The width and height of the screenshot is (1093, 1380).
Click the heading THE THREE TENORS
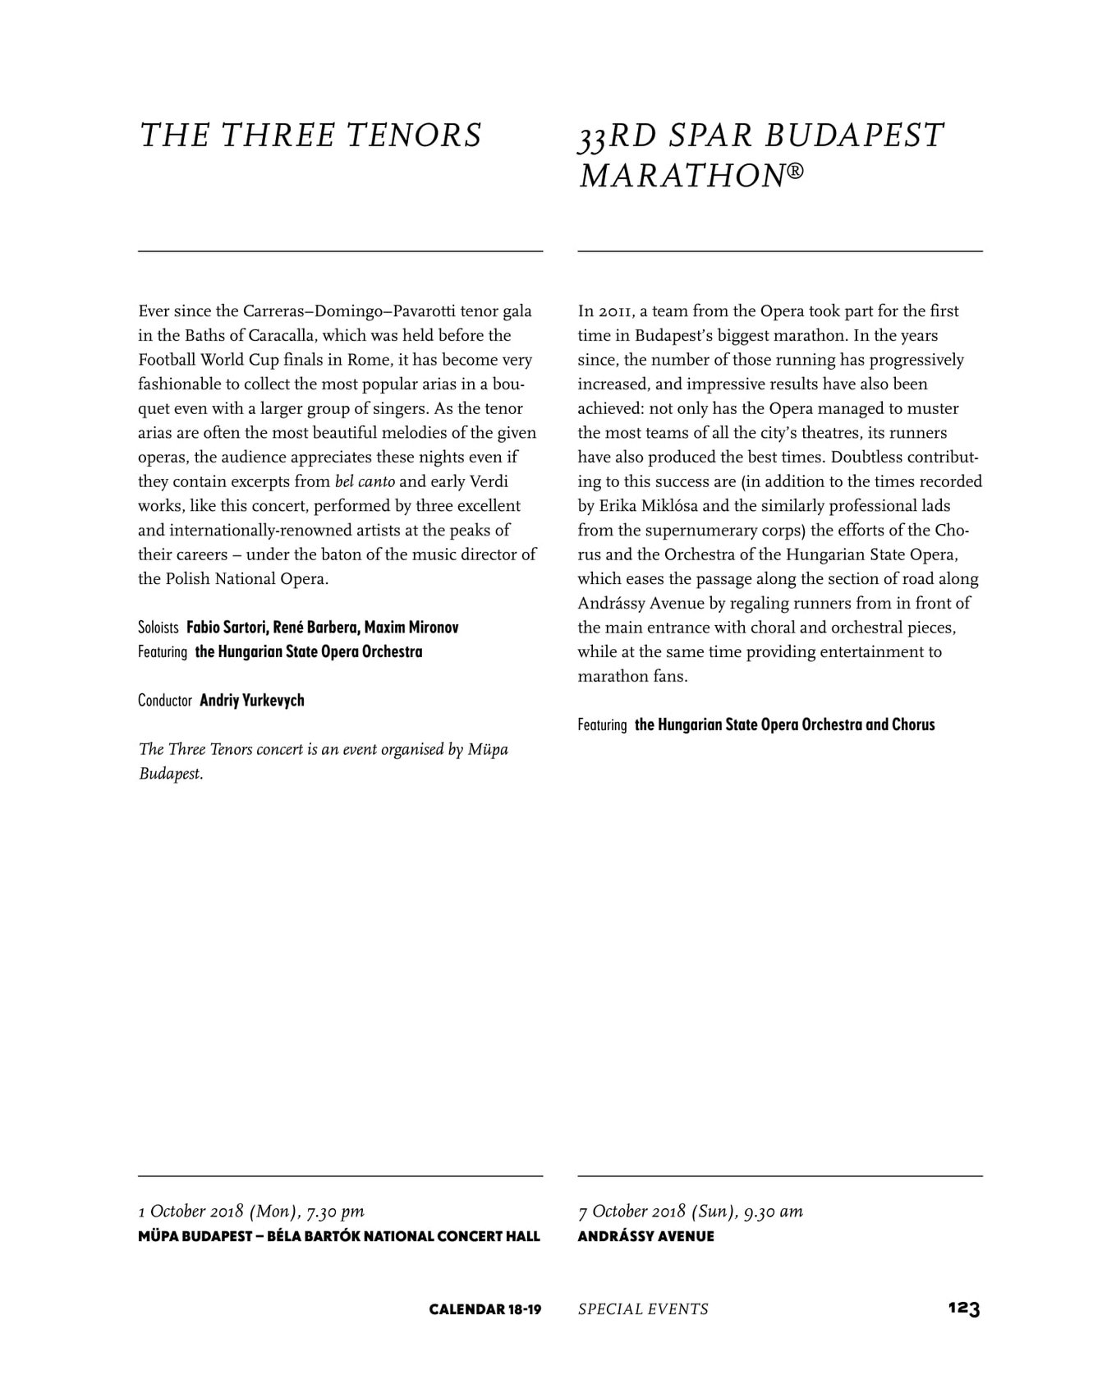coord(310,136)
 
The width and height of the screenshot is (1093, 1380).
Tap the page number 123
coord(963,1309)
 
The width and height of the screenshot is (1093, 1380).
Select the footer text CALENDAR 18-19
coord(485,1309)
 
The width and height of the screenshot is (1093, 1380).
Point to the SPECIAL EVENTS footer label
coord(643,1309)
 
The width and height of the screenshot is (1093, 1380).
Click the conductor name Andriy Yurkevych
coord(252,701)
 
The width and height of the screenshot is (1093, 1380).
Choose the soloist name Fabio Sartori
coord(225,628)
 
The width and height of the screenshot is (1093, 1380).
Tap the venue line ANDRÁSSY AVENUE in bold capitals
coord(645,1236)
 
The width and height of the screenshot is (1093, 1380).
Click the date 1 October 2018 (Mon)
coord(217,1212)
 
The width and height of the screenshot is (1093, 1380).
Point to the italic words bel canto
coord(365,481)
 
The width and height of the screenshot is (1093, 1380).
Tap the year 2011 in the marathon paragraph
coord(614,311)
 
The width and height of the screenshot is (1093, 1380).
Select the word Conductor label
coord(164,701)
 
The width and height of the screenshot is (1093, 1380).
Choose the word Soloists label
coord(158,628)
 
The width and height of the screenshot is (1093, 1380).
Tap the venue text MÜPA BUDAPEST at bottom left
coord(194,1236)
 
